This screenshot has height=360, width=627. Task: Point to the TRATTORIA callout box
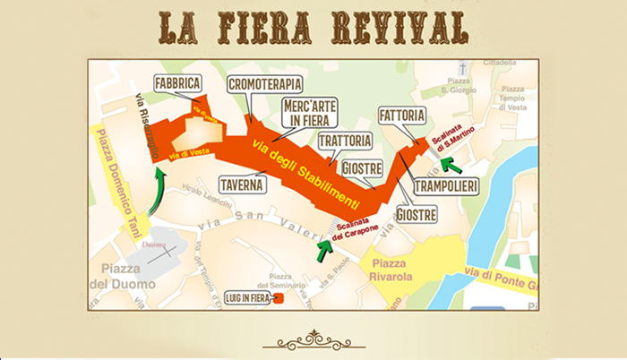344,141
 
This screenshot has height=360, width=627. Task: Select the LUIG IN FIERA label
245,297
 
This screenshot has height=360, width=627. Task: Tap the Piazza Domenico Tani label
117,180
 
